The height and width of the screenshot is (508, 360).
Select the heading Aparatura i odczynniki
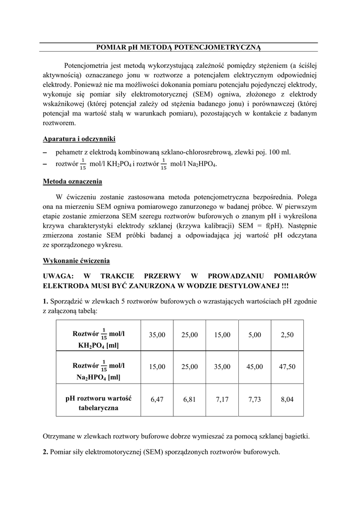79,138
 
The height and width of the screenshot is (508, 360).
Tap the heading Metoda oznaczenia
72,181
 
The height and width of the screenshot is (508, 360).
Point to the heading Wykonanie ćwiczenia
76,260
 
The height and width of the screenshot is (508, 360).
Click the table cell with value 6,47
156,398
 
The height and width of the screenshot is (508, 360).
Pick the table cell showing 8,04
287,398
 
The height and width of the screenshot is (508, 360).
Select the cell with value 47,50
287,367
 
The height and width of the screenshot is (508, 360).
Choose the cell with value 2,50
287,335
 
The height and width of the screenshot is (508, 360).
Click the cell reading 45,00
255,367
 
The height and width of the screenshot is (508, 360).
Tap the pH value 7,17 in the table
222,398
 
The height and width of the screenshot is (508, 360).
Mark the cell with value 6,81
189,398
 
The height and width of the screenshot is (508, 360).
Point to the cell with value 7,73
255,398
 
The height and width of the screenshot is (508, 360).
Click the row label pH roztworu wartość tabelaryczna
98,403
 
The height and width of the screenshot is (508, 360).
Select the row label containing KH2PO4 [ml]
98,340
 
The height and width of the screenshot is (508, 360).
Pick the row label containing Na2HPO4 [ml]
98,372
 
